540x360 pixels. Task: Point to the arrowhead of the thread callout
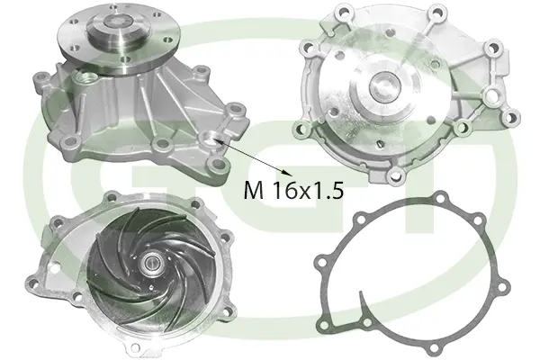(291, 171)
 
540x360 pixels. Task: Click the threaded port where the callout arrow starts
(211, 138)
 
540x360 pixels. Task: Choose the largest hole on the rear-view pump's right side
(491, 94)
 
